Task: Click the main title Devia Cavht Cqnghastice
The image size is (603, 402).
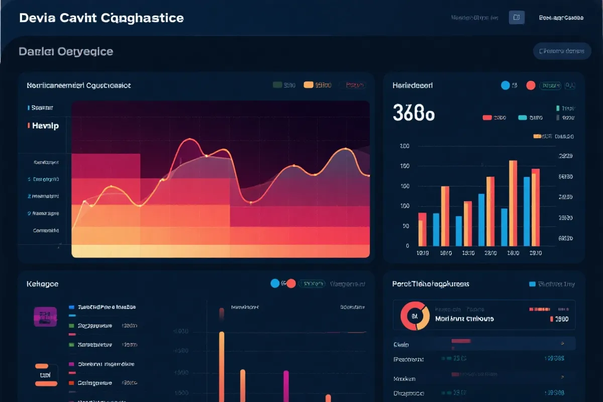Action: tap(101, 18)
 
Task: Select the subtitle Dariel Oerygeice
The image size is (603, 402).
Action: tap(66, 51)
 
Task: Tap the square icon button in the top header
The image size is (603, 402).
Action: tap(517, 18)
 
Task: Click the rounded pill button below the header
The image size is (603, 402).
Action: tap(562, 51)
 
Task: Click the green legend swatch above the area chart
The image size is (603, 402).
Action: tap(277, 85)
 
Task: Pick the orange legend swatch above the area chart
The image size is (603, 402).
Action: tap(309, 85)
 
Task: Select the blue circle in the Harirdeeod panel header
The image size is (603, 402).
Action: tap(506, 85)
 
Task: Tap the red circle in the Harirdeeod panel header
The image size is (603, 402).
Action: tap(530, 85)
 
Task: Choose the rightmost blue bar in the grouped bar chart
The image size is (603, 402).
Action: tap(527, 211)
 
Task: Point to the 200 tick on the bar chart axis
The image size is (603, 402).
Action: tap(405, 146)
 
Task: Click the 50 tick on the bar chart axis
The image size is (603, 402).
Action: tap(406, 226)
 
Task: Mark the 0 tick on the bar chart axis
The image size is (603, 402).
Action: tap(407, 246)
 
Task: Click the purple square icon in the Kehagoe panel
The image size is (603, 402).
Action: tap(45, 317)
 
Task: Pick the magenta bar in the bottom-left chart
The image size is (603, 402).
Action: tap(286, 386)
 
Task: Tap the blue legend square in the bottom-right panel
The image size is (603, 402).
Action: tap(532, 284)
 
